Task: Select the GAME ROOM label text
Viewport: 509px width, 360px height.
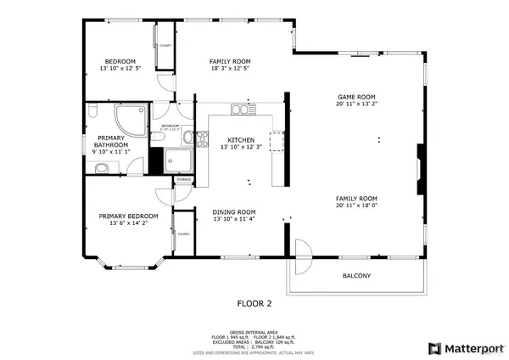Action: coord(356,98)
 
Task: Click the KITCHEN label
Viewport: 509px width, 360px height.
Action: coord(241,140)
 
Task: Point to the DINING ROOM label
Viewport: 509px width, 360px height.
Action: coord(234,211)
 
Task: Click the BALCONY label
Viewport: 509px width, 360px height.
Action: coord(356,276)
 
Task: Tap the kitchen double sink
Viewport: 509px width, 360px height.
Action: coord(243,110)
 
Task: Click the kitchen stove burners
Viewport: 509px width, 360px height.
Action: coord(202,140)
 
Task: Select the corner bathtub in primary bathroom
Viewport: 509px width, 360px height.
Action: coord(131,117)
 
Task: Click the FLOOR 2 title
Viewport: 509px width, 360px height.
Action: coord(254,303)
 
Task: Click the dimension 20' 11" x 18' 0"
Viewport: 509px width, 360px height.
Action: coord(356,205)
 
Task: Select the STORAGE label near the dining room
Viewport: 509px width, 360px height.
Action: coord(183,180)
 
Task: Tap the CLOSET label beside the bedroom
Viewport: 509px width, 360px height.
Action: coord(165,45)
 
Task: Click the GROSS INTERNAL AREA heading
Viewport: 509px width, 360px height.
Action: coord(254,332)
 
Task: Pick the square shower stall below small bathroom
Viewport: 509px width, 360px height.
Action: coord(179,160)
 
